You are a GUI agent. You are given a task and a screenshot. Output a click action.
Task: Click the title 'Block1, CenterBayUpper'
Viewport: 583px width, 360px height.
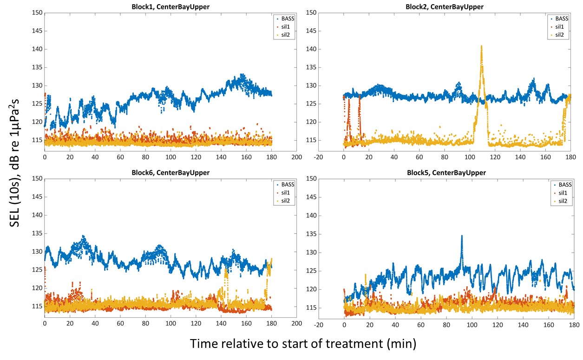pos(170,7)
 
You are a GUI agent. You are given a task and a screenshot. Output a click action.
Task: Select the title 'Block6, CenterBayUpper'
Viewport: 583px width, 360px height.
pos(170,173)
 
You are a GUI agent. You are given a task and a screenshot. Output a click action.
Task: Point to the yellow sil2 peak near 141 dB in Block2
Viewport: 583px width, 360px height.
pos(482,46)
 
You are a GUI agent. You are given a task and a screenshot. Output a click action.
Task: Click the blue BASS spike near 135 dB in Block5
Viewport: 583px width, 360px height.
pos(462,236)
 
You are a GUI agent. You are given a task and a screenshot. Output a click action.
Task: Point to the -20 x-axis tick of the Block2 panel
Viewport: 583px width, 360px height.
pos(318,157)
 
